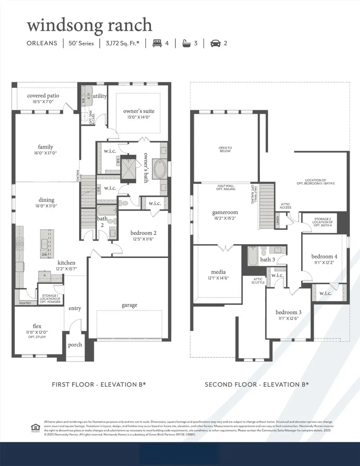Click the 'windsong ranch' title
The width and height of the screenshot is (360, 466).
coord(90,25)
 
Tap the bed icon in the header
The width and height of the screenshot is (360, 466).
coord(157,43)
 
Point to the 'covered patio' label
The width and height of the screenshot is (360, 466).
coord(43,96)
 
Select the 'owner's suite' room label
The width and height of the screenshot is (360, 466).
coord(138,111)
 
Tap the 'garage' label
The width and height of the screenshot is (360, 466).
coord(129,305)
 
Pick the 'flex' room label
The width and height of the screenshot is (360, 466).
coord(37,326)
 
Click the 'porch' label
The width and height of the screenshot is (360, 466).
coord(75,345)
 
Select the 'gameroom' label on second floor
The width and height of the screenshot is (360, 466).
coord(225,213)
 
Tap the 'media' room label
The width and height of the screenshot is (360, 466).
coord(218,272)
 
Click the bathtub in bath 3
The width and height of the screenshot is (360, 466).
coord(252,257)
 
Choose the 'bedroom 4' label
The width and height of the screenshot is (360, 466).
coord(324,256)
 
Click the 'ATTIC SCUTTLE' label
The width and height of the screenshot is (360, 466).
coord(257,281)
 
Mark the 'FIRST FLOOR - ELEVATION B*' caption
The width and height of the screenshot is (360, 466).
coord(99,384)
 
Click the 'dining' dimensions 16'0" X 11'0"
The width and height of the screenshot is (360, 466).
coord(44,206)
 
